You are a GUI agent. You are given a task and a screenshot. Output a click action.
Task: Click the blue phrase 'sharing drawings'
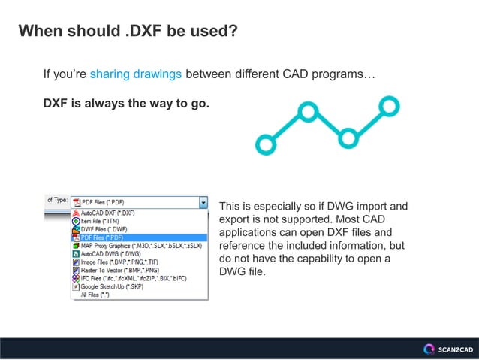(135, 74)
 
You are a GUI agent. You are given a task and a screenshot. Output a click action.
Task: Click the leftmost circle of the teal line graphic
(265, 144)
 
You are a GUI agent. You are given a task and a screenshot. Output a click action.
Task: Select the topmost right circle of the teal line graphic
(389, 105)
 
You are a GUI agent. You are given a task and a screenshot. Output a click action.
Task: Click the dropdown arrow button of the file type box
(203, 202)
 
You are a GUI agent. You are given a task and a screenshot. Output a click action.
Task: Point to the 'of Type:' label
(57, 201)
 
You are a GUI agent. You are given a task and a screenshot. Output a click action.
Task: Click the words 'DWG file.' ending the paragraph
(242, 271)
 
